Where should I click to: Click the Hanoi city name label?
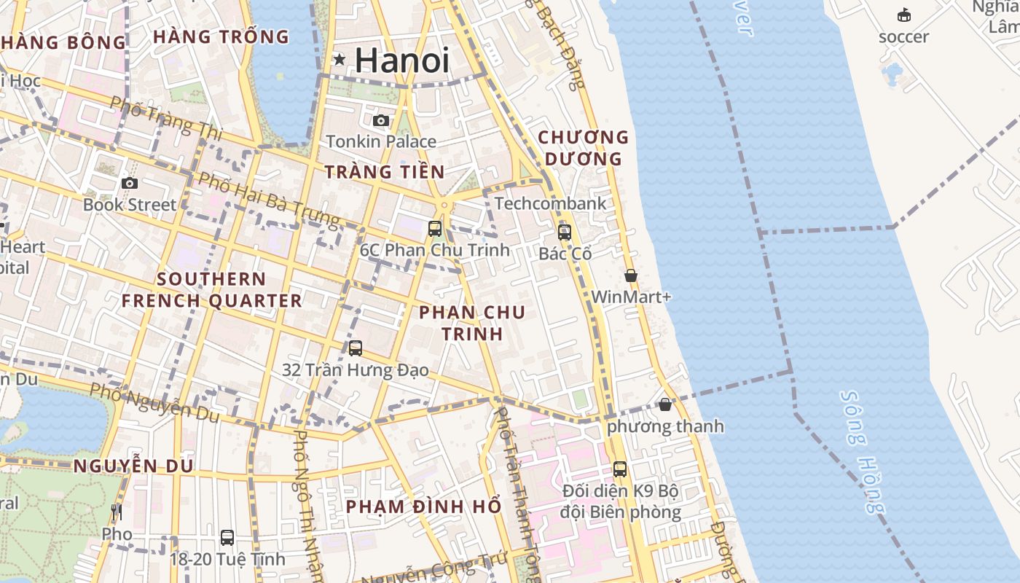coord(401,60)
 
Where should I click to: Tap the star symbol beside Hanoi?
coord(340,59)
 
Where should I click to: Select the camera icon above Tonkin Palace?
coord(381,120)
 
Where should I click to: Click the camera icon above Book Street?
coord(130,183)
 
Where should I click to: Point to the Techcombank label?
coord(550,203)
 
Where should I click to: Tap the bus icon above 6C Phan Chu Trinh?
coord(435,228)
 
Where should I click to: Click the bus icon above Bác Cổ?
coord(565,232)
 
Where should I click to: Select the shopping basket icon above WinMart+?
coord(631,275)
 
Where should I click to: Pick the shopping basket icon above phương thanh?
coord(665,404)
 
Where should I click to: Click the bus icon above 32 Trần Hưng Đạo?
coord(356,348)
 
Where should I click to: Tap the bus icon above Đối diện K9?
coord(620,469)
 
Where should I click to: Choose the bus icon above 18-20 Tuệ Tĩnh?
coord(227,538)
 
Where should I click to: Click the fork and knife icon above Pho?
coord(117,512)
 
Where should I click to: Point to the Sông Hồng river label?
coord(864,452)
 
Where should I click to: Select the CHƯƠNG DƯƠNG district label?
coord(583,147)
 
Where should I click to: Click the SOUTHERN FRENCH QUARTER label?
coord(211,289)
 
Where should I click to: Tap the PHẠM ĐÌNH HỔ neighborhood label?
coord(423,506)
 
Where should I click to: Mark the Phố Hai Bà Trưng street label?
coord(269,199)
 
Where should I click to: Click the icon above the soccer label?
coord(904,15)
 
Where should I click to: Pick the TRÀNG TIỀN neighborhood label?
coord(384,171)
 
